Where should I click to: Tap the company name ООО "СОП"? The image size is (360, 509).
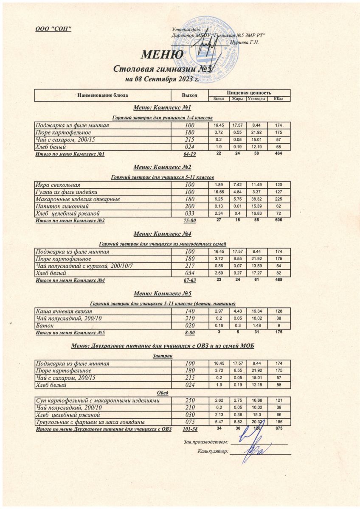(x=53, y=28)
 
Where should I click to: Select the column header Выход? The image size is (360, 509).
(x=190, y=95)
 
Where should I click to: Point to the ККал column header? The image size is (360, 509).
(x=279, y=99)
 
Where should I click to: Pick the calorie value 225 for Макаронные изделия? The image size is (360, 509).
(x=279, y=199)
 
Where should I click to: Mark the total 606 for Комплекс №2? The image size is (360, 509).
(x=279, y=220)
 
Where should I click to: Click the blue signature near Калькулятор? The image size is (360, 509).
(x=255, y=450)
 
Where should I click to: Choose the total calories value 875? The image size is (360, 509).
(x=278, y=429)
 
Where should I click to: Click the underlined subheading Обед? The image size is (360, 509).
(x=163, y=393)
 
